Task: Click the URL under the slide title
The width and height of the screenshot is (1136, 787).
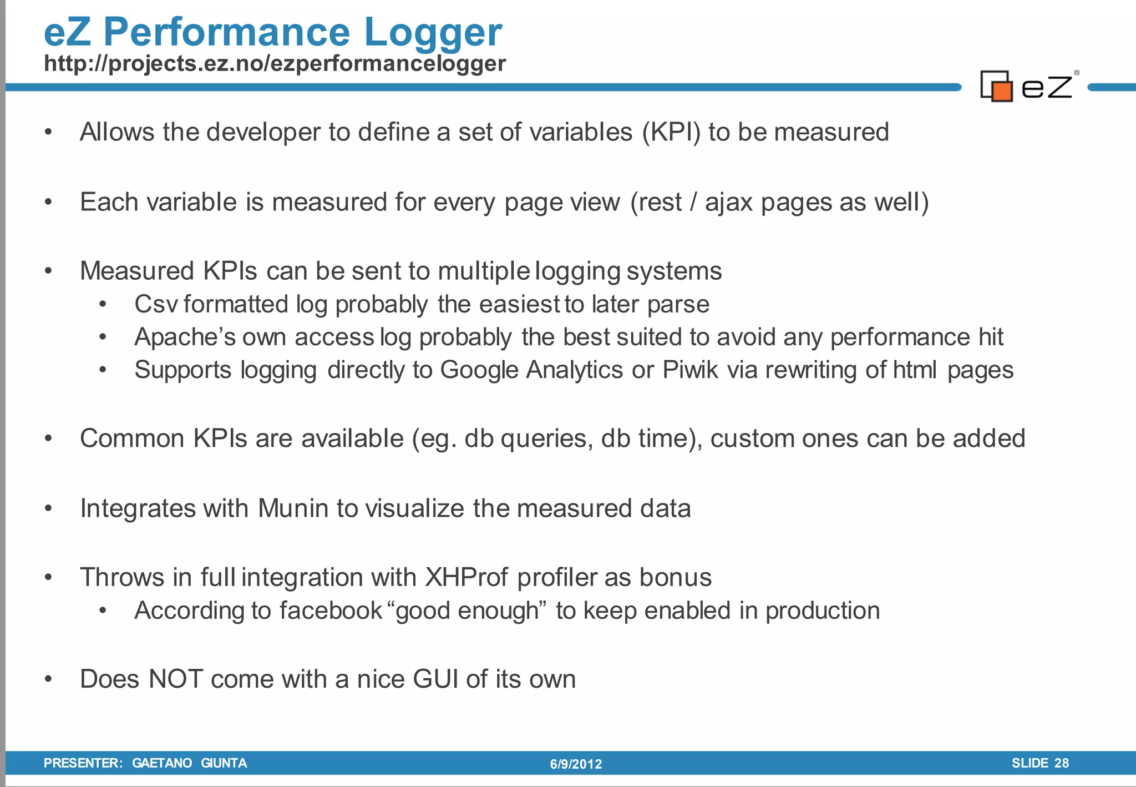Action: coord(275,63)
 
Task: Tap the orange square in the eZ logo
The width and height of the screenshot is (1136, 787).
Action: coord(1002,91)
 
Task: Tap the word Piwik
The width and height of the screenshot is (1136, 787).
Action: coord(690,370)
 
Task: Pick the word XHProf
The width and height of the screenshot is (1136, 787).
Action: coord(466,577)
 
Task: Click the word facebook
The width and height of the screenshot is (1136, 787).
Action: coord(331,611)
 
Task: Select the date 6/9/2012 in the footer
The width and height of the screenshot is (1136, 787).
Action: coord(576,764)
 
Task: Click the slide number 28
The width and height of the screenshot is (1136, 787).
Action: coord(1061,763)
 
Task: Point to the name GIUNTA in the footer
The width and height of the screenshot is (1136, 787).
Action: coord(224,763)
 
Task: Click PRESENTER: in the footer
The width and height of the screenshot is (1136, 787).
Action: coord(83,763)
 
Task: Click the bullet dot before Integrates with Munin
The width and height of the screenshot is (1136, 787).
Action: coord(49,508)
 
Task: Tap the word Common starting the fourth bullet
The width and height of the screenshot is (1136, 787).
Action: coord(132,438)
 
